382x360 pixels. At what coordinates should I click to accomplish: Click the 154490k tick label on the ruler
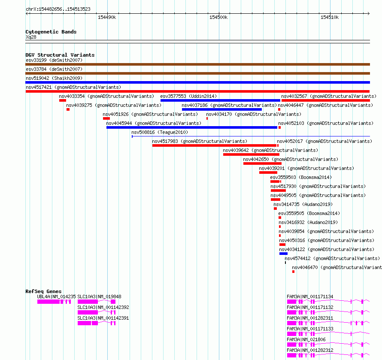click(x=107, y=17)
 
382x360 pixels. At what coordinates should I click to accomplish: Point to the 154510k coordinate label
click(x=330, y=17)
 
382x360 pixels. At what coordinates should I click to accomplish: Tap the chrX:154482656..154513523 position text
click(x=58, y=9)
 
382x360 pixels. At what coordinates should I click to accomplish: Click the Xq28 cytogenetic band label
click(x=31, y=37)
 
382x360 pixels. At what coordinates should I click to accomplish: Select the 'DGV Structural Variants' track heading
click(x=60, y=55)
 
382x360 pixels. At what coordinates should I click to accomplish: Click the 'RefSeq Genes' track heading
click(x=43, y=291)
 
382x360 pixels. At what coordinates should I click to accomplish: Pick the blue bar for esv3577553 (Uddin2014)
click(x=220, y=100)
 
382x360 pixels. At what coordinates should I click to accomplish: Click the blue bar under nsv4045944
click(x=192, y=127)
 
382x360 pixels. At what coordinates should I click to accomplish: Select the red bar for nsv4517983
click(x=214, y=145)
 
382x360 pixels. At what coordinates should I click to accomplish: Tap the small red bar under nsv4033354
click(x=63, y=100)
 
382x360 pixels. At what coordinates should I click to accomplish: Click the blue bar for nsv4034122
click(x=283, y=254)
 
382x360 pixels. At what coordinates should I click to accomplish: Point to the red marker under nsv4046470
click(x=293, y=272)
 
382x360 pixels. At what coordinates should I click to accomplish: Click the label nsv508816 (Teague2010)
click(x=160, y=132)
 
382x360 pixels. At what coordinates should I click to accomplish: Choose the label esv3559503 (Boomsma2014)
click(x=301, y=177)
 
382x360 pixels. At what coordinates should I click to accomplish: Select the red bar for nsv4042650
click(x=262, y=163)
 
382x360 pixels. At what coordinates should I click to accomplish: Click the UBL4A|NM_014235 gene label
click(x=56, y=296)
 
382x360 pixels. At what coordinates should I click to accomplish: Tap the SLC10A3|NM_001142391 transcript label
click(x=103, y=318)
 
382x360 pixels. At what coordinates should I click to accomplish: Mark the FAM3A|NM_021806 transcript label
click(x=306, y=339)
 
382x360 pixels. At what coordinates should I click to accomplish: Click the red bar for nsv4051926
click(x=106, y=118)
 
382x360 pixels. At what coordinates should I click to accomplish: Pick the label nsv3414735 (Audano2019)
click(x=303, y=204)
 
